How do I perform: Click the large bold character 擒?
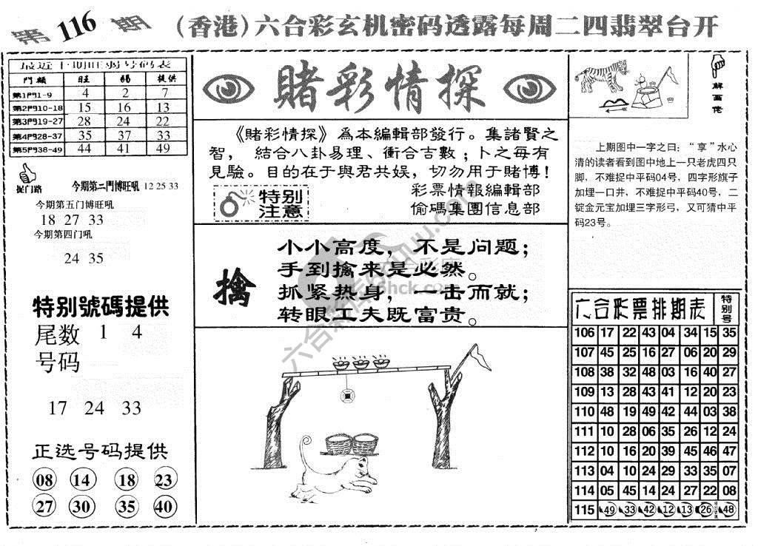235,287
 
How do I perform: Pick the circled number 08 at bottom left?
45,481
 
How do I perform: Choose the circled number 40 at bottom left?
165,508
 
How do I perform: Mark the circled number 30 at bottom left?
84,508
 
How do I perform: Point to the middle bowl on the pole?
360,363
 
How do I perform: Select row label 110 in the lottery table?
584,411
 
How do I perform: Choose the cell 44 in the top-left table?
85,148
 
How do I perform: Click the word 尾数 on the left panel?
58,335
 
